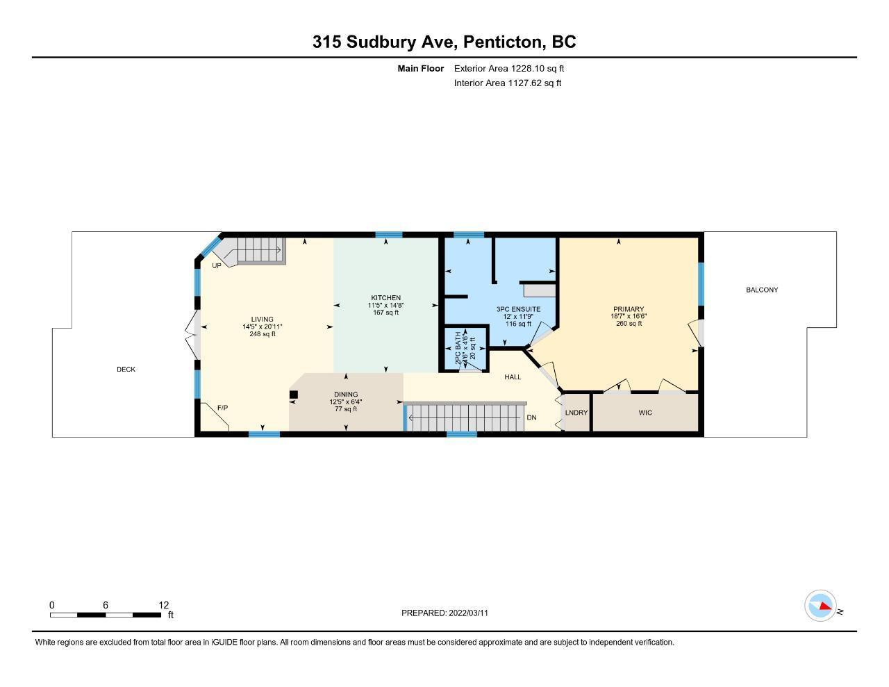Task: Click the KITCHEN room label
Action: [385, 297]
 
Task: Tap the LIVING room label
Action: [263, 319]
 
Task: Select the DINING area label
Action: [346, 395]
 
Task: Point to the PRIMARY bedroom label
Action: [629, 309]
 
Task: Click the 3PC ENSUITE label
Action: [518, 309]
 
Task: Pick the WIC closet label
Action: [645, 413]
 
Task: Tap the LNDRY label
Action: [576, 413]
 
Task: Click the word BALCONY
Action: [762, 290]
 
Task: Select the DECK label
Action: [126, 369]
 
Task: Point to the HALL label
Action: [513, 377]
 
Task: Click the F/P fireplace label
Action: [222, 408]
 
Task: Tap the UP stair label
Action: [217, 265]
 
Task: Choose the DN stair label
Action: [531, 417]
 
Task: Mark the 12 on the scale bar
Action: [164, 605]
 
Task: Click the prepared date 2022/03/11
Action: [468, 613]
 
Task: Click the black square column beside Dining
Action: [293, 395]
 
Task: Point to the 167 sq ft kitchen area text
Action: [385, 313]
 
